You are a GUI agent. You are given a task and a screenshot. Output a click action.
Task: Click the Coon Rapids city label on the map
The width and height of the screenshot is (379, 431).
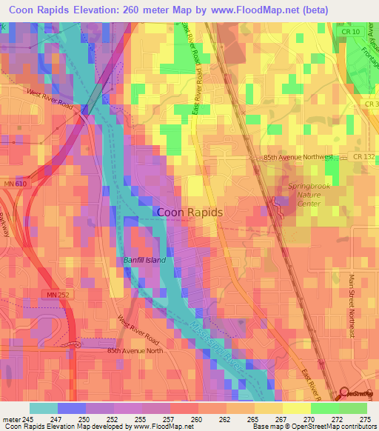tap(190, 212)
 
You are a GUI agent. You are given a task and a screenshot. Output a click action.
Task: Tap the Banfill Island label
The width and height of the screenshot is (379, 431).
tap(144, 261)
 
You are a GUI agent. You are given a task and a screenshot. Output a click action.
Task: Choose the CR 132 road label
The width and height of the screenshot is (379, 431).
tap(363, 158)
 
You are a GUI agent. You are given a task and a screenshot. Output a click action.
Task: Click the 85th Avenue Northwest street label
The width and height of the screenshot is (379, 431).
tap(298, 158)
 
